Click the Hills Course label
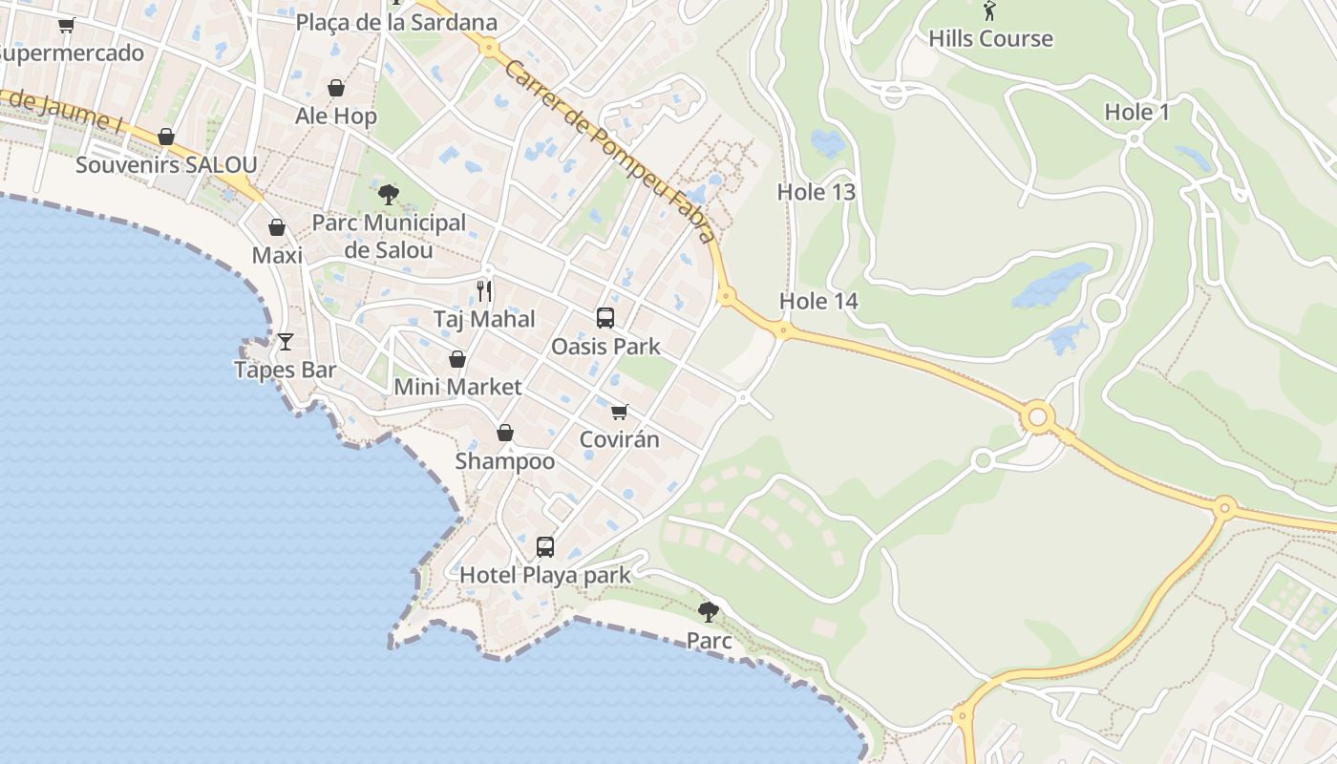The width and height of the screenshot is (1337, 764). [990, 39]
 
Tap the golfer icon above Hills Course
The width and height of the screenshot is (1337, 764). [989, 11]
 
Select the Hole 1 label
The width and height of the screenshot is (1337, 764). [1136, 112]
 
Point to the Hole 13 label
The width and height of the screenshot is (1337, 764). [816, 192]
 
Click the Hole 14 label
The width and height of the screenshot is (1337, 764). [818, 302]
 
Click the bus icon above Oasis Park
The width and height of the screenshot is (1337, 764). [605, 318]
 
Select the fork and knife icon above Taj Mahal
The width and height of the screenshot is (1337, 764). [484, 291]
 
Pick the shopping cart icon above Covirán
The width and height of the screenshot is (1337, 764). [620, 412]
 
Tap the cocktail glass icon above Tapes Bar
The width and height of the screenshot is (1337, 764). [285, 341]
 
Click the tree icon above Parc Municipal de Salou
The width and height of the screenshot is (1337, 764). [388, 195]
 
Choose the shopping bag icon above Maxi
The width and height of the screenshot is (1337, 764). [277, 227]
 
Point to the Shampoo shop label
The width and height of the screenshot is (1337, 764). [504, 461]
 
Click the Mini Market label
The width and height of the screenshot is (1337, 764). [457, 387]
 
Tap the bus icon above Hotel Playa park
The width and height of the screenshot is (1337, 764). [544, 546]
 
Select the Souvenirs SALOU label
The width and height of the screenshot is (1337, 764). [166, 165]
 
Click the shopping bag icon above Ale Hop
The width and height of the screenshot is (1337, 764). [336, 89]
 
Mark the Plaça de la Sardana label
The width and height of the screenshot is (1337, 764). [396, 22]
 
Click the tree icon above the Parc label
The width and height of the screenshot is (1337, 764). [708, 611]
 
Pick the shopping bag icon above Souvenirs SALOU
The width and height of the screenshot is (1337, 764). [166, 138]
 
